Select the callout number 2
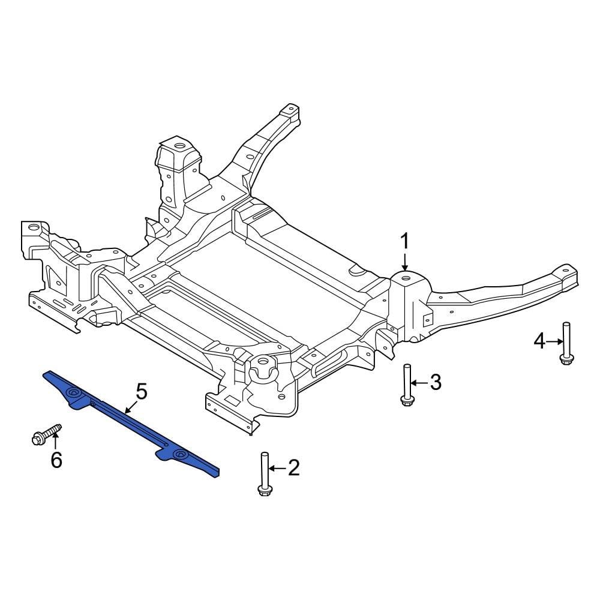[x=293, y=468]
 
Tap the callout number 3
[x=435, y=382]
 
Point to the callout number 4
[x=539, y=341]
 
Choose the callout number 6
[x=56, y=460]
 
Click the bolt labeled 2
[x=263, y=474]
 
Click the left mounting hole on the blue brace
[x=74, y=393]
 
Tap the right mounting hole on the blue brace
[x=178, y=456]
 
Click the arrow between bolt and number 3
[x=419, y=382]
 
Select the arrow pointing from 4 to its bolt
[x=554, y=341]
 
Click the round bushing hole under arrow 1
[x=405, y=278]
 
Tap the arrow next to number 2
[x=277, y=468]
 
